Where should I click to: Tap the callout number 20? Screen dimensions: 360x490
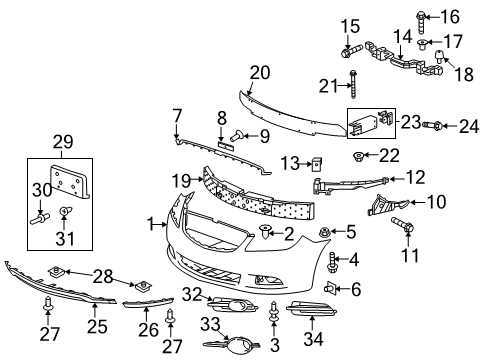click(260, 73)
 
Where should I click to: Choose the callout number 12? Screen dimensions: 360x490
click(414, 178)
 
